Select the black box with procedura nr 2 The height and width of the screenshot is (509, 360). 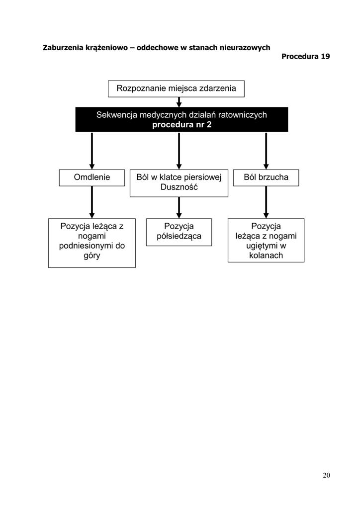(x=181, y=119)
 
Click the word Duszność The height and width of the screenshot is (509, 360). (x=179, y=187)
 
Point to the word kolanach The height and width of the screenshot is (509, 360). (x=266, y=255)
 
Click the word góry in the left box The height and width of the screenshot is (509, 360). (x=92, y=256)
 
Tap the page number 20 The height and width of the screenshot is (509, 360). (x=326, y=475)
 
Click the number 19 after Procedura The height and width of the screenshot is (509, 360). (x=325, y=57)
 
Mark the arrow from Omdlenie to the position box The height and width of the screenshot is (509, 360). (x=92, y=202)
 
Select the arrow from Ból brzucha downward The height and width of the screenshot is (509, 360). (x=266, y=202)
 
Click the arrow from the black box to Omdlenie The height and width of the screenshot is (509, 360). (x=92, y=151)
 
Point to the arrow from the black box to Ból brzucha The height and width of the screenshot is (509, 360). (x=266, y=151)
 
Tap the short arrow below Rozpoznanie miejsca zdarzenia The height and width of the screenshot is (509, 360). (x=179, y=102)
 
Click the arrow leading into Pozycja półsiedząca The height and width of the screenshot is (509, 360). (x=179, y=208)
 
